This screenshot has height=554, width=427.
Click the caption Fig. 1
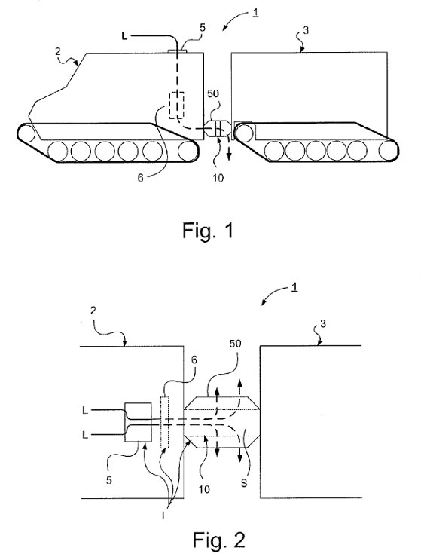click(x=208, y=231)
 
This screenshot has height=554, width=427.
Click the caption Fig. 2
click(x=219, y=540)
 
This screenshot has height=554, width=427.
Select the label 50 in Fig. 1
click(x=213, y=93)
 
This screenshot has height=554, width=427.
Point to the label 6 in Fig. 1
click(x=141, y=178)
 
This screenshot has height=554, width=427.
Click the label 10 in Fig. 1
click(x=218, y=178)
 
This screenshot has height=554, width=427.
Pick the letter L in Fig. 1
click(x=124, y=36)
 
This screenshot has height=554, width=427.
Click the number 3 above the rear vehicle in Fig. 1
click(x=306, y=30)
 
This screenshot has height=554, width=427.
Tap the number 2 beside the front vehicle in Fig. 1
click(x=58, y=51)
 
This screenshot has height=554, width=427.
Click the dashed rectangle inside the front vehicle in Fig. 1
click(x=176, y=106)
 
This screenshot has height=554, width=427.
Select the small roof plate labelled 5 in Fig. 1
click(x=177, y=51)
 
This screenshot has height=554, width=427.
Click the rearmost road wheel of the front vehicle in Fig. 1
click(x=187, y=151)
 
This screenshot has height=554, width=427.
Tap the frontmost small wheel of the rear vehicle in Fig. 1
click(x=244, y=133)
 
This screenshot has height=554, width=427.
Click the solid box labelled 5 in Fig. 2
click(x=139, y=422)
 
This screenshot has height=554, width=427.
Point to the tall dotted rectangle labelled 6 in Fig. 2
click(x=164, y=422)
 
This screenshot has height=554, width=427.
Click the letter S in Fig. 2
click(x=244, y=482)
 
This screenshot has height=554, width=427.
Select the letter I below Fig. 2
click(x=163, y=516)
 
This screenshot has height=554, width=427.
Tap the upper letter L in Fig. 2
click(x=85, y=410)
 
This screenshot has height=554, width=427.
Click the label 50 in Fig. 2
click(x=236, y=343)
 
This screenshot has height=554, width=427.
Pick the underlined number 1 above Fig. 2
click(x=294, y=287)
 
